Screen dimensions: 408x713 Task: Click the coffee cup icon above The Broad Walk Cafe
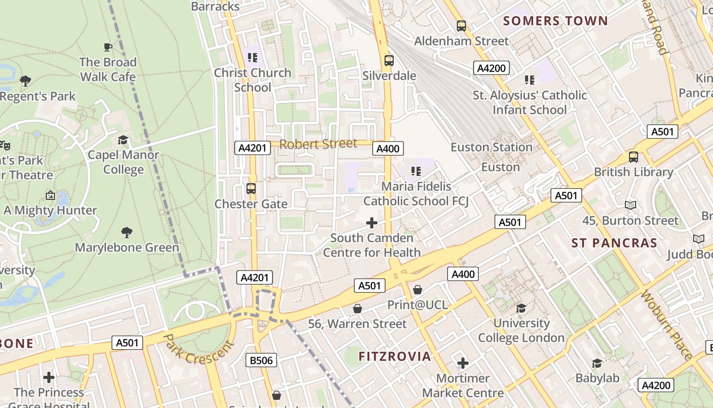[x=108, y=47]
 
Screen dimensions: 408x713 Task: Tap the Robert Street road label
[x=318, y=144]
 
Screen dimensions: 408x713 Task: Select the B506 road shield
[x=261, y=361]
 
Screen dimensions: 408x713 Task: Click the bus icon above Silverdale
[x=389, y=61]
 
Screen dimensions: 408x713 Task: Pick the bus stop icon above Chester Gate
[x=251, y=189]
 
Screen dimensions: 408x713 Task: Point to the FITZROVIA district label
[x=395, y=356]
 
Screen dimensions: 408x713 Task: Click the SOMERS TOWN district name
[x=556, y=21]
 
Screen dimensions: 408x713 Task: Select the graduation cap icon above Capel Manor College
[x=123, y=140]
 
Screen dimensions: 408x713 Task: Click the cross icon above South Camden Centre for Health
[x=372, y=223]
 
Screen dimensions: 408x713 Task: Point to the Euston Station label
[x=491, y=147]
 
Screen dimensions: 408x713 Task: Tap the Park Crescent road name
[x=199, y=349]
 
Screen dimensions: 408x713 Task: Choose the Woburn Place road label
[x=667, y=325]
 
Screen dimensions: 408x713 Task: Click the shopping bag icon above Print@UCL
[x=418, y=290]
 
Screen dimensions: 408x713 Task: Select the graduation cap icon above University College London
[x=521, y=308]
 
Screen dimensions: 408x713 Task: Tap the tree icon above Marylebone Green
[x=127, y=233]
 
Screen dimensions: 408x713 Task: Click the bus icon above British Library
[x=634, y=157]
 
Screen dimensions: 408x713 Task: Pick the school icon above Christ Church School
[x=253, y=58]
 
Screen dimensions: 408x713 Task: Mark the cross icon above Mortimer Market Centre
[x=462, y=363]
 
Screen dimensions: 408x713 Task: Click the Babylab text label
[x=597, y=378]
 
